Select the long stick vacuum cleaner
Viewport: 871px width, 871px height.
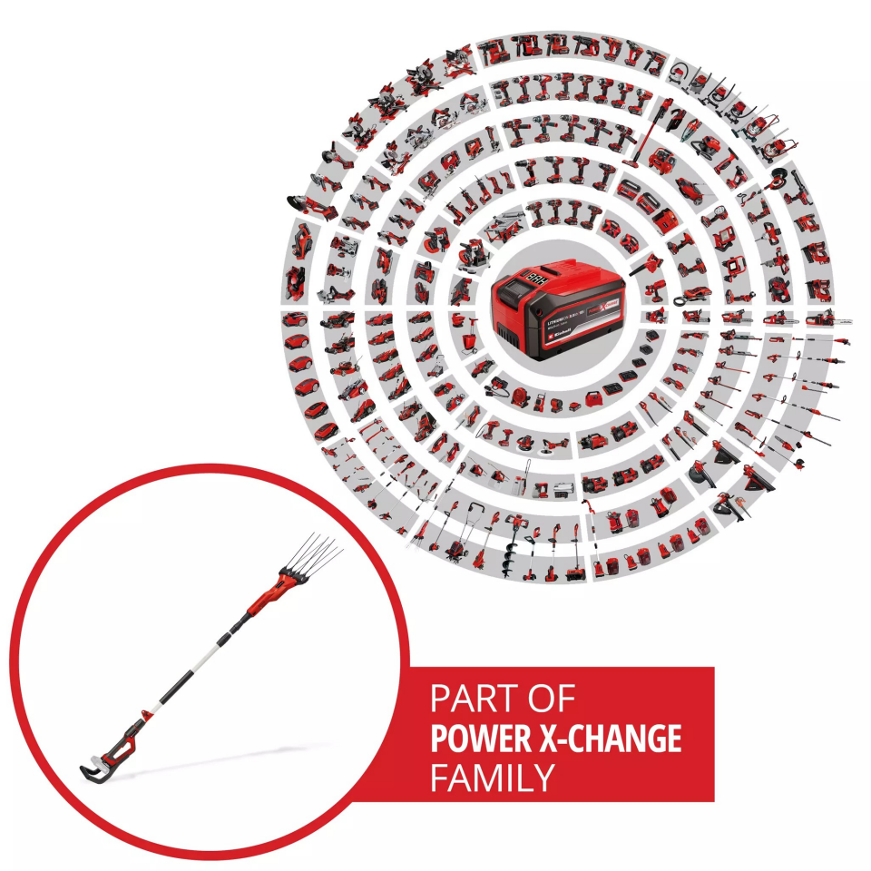coord(645,137)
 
